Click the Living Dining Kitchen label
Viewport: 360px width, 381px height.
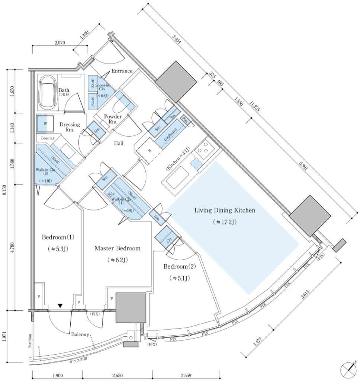(x=225, y=210)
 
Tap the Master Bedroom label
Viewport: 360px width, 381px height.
(x=118, y=248)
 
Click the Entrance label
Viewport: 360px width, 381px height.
(x=122, y=71)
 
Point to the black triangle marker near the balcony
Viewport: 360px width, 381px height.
(x=60, y=306)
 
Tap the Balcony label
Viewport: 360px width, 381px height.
(x=81, y=334)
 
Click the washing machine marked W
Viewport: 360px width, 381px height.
(x=45, y=123)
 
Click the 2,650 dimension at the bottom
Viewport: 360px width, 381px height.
(x=117, y=375)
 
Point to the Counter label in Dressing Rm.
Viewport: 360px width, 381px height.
(x=47, y=138)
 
